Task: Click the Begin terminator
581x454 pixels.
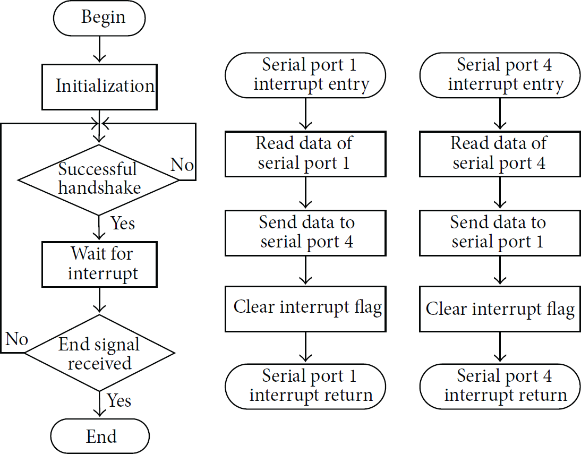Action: (x=99, y=18)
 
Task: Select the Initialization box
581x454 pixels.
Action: (x=99, y=87)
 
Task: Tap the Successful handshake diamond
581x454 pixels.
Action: (x=99, y=180)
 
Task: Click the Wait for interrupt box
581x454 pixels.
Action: (x=99, y=264)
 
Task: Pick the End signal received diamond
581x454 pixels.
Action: (x=99, y=353)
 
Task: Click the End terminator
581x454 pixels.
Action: (x=100, y=436)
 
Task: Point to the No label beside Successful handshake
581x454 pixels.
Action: (x=182, y=164)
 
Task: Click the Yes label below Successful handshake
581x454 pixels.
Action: (x=123, y=223)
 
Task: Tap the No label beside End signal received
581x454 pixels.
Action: (x=17, y=339)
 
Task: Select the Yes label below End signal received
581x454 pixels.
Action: (x=118, y=400)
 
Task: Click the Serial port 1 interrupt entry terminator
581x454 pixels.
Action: (x=305, y=75)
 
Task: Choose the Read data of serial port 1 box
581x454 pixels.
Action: (x=305, y=154)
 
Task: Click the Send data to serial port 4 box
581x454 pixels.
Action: (x=305, y=233)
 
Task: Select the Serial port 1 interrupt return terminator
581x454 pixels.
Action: (x=305, y=387)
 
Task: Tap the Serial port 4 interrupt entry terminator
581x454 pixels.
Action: (x=500, y=75)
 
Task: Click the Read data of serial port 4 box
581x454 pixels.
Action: (x=500, y=154)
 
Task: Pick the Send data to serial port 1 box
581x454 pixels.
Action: (x=500, y=233)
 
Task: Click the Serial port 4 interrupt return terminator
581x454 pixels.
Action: (x=500, y=387)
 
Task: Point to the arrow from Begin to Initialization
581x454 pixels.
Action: (x=99, y=49)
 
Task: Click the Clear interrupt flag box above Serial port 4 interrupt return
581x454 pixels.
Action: (x=500, y=309)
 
